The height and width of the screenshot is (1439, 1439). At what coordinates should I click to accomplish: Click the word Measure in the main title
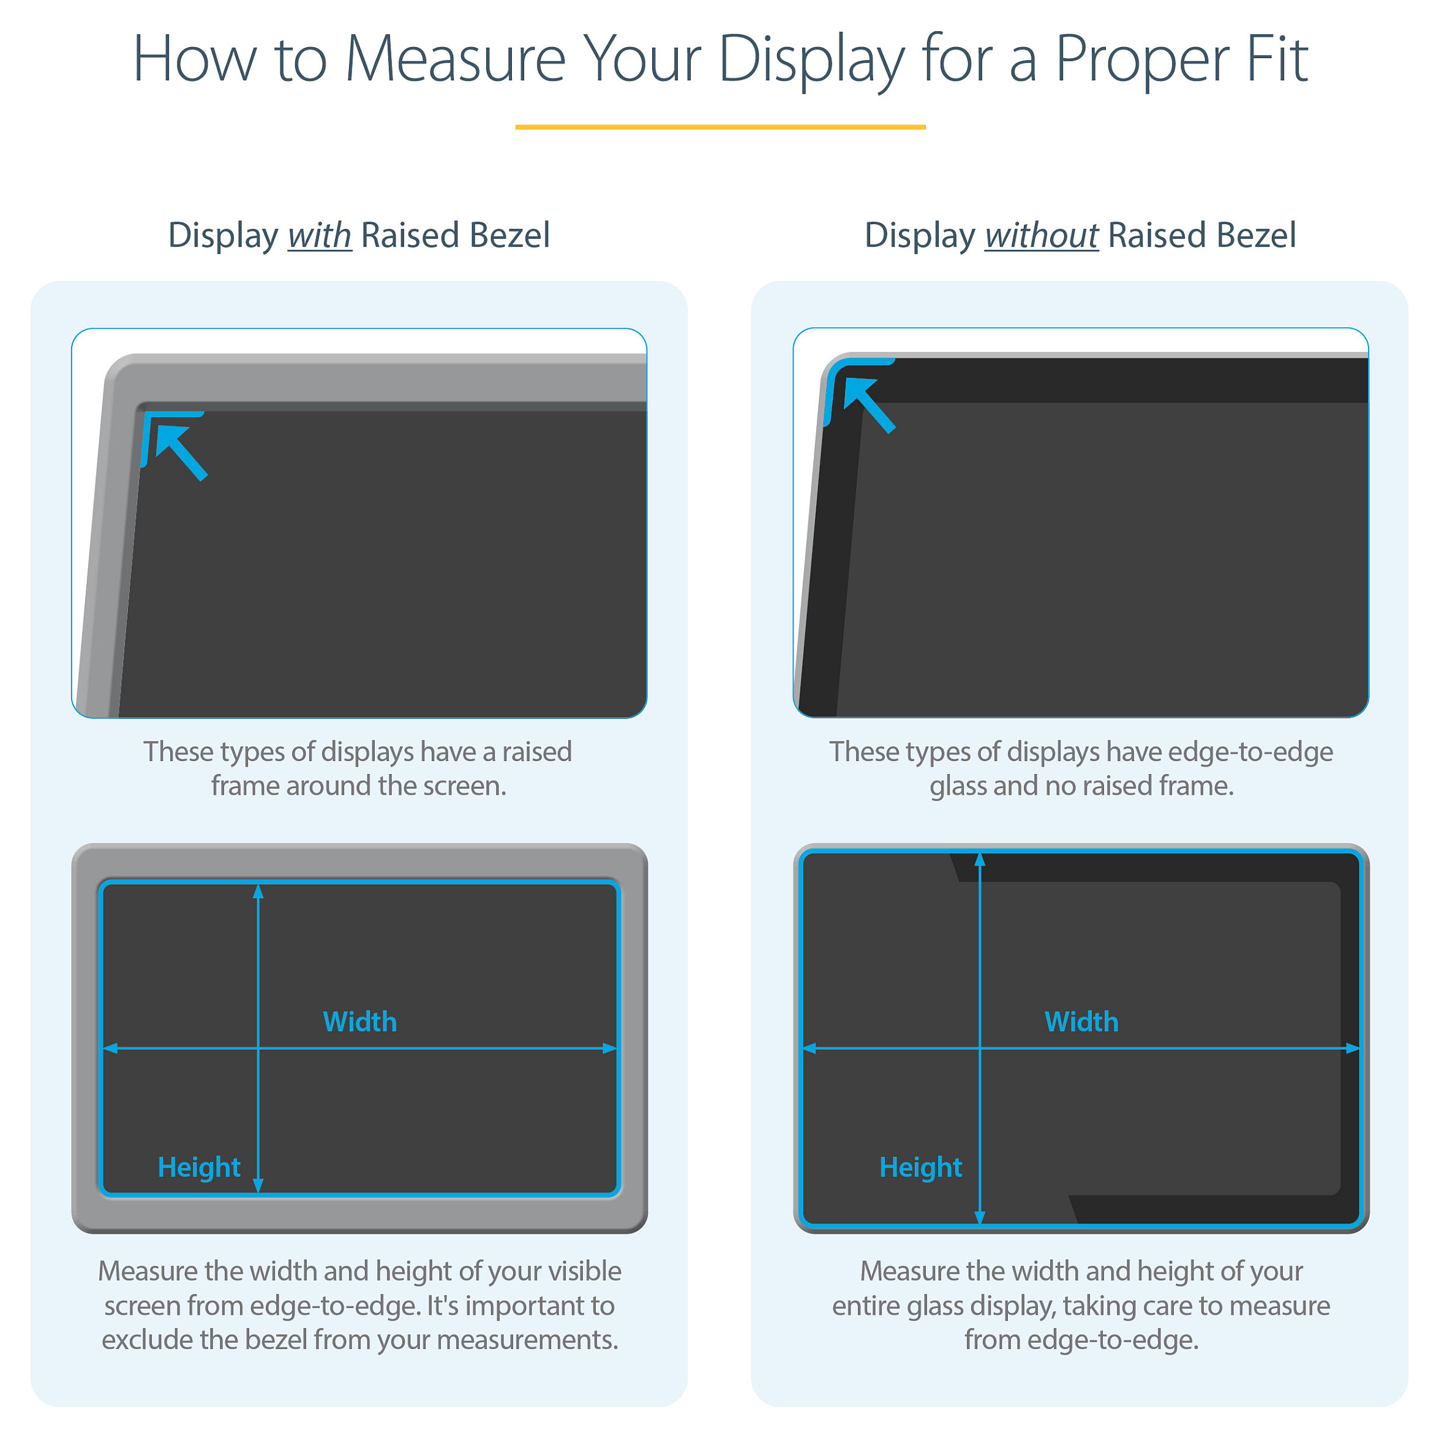tap(455, 59)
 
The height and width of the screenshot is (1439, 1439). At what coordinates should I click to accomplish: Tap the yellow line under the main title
tap(720, 127)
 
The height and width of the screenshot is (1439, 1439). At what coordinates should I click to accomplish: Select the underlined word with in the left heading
tap(320, 235)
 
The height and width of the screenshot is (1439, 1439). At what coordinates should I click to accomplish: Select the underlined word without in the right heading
tap(1041, 235)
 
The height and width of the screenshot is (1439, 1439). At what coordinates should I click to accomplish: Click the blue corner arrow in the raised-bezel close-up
tap(182, 453)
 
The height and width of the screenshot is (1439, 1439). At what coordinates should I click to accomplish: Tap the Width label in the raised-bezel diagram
tap(360, 1021)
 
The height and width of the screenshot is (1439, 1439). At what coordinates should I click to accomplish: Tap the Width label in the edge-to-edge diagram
tap(1081, 1021)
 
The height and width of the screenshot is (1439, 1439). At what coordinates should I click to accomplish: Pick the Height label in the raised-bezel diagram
tap(199, 1167)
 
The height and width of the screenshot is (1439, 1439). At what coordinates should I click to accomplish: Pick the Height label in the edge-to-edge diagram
tap(920, 1167)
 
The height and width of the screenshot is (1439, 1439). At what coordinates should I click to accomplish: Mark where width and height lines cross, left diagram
tap(258, 1048)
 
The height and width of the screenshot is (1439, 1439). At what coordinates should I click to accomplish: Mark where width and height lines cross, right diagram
tap(980, 1048)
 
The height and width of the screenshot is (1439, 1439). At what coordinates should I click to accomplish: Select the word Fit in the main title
tap(1277, 59)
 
